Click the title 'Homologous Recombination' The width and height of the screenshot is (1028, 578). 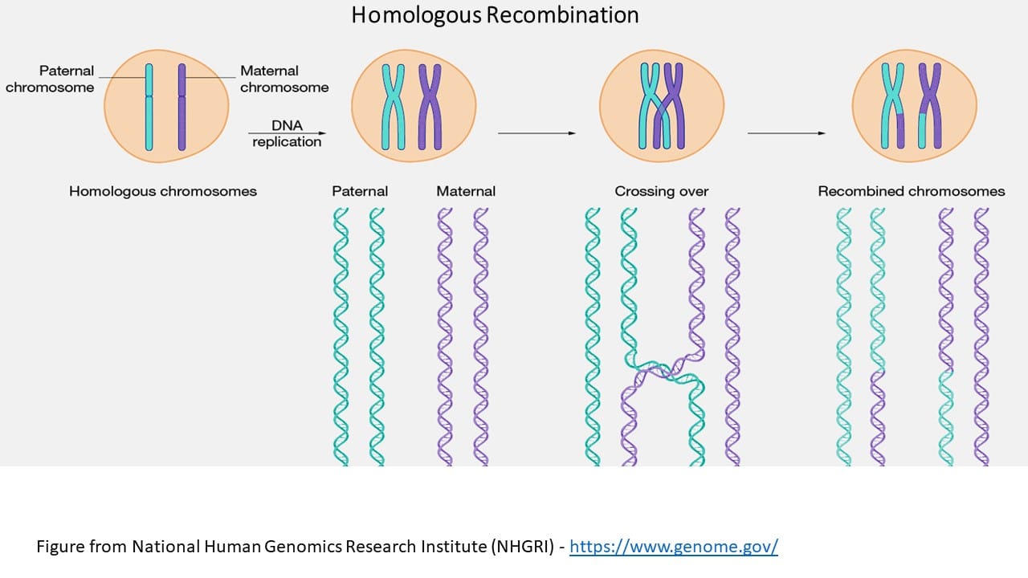pyautogui.click(x=495, y=15)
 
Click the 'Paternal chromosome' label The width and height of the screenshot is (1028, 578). pyautogui.click(x=50, y=79)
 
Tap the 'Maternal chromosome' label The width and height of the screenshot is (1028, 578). pyautogui.click(x=284, y=79)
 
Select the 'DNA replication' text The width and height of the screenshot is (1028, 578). pyautogui.click(x=287, y=134)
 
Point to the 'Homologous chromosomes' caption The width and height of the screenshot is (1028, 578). pyautogui.click(x=163, y=191)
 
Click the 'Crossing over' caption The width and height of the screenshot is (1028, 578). pyautogui.click(x=662, y=191)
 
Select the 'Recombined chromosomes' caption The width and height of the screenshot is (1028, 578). pyautogui.click(x=912, y=191)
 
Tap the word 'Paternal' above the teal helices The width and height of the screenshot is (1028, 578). pyautogui.click(x=360, y=191)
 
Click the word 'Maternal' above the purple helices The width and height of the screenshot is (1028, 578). pyautogui.click(x=466, y=191)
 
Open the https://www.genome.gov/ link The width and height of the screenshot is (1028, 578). pyautogui.click(x=674, y=547)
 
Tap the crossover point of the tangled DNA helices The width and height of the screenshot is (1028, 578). pyautogui.click(x=663, y=372)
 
